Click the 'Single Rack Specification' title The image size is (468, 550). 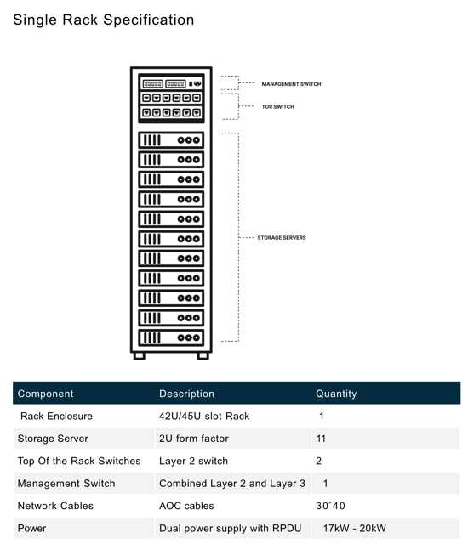(x=104, y=20)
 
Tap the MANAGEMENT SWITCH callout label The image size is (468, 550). (x=291, y=84)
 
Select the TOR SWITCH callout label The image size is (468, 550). (x=278, y=106)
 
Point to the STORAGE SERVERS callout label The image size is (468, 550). (x=282, y=238)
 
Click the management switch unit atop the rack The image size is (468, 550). (x=171, y=84)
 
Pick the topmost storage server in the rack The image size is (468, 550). (x=171, y=140)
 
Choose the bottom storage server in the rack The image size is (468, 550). (x=171, y=337)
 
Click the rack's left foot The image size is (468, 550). (x=140, y=356)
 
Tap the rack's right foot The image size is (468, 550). (x=203, y=356)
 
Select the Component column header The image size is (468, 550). (x=46, y=394)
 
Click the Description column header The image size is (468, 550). (x=187, y=394)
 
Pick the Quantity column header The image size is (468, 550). (x=336, y=394)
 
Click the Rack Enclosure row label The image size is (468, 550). (x=56, y=416)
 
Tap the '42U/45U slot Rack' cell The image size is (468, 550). (x=204, y=416)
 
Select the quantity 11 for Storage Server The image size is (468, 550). (x=321, y=439)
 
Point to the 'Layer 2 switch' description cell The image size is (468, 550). (x=193, y=461)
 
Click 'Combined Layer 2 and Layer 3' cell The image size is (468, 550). (x=232, y=484)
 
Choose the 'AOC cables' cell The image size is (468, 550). (x=186, y=506)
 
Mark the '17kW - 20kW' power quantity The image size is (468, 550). (x=354, y=528)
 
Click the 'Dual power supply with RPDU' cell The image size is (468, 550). (x=231, y=529)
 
